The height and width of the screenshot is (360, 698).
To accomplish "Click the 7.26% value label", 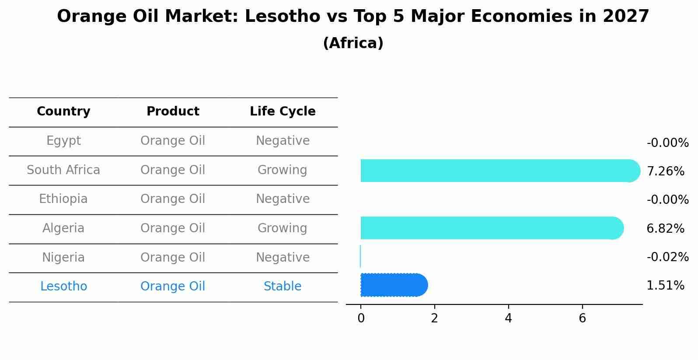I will click(665, 171).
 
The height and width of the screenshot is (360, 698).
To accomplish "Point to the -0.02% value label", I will click(667, 257).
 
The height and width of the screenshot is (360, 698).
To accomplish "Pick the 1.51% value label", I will click(665, 286).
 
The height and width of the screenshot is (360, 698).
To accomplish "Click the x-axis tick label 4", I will click(508, 318).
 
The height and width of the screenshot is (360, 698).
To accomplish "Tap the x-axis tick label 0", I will click(361, 318).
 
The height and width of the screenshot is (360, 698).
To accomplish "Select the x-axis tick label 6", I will click(582, 318).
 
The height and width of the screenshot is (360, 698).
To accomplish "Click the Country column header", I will click(63, 112).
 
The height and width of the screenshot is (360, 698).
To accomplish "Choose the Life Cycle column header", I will click(283, 112).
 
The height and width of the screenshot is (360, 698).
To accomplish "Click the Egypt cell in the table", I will click(63, 141).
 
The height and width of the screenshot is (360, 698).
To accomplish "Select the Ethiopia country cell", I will click(63, 199).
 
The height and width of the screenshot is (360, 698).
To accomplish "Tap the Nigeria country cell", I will click(63, 258).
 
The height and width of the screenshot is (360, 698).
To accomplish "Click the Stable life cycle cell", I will click(283, 287).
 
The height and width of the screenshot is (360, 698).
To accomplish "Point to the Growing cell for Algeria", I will click(283, 228).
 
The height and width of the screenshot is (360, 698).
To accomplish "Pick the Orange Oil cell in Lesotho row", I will click(173, 287).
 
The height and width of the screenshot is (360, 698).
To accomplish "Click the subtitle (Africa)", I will click(353, 43).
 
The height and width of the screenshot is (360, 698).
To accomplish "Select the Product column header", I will click(173, 112).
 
